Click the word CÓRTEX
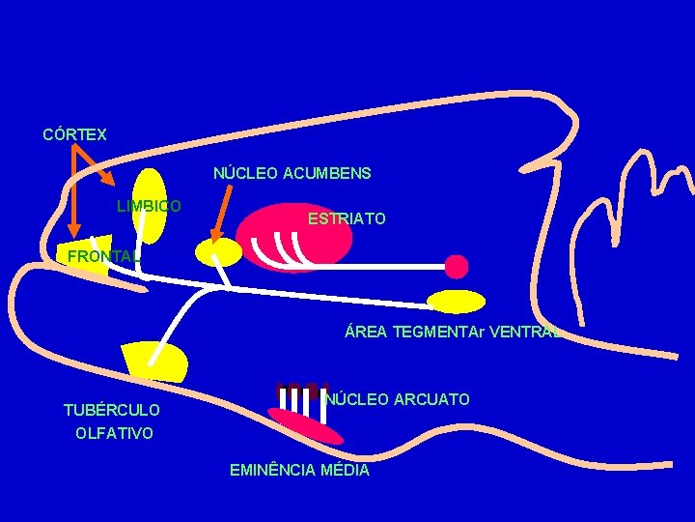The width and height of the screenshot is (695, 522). [74, 134]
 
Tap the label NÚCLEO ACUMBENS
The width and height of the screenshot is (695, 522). [292, 174]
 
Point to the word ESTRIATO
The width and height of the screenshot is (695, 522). [347, 219]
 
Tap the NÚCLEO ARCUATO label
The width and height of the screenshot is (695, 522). [398, 399]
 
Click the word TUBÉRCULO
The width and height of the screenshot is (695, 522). [112, 411]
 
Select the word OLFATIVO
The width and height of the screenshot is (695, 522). [114, 433]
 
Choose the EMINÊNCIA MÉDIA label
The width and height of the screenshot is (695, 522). [299, 471]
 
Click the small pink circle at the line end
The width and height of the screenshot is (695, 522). [457, 266]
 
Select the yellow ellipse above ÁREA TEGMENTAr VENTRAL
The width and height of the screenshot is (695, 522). [456, 302]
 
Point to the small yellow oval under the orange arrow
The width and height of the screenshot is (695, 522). [218, 252]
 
